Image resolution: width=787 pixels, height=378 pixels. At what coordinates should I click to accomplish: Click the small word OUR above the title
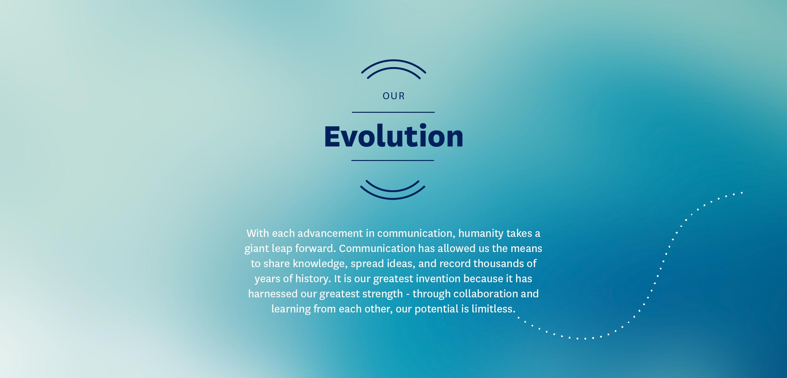coord(394,96)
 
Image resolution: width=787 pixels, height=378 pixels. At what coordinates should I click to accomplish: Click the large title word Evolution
coord(394,136)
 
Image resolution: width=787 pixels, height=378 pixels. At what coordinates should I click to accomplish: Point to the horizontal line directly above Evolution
coord(393,112)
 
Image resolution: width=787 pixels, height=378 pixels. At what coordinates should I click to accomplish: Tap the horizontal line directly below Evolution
coord(393,160)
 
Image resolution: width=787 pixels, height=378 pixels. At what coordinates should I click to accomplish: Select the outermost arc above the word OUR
coord(394,60)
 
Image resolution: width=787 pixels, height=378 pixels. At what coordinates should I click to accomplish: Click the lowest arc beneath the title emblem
coord(393,198)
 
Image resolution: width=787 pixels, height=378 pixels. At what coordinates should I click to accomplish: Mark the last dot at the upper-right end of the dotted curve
coord(742,192)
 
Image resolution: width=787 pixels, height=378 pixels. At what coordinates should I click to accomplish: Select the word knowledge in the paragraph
coord(320,264)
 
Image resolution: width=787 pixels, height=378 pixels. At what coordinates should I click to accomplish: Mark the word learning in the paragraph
coord(291,309)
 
